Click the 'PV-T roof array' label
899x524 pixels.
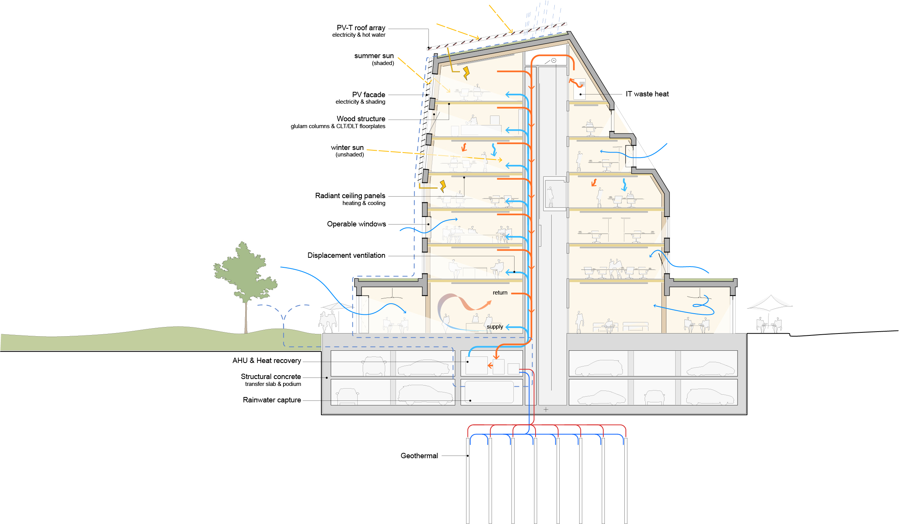361,28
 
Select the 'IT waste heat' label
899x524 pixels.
647,94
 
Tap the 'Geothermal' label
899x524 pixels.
419,456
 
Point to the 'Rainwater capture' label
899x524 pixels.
272,400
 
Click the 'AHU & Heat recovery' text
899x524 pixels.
267,361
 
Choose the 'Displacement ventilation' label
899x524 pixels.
346,255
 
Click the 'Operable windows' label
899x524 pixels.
356,224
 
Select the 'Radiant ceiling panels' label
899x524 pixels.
350,196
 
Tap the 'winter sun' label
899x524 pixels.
347,148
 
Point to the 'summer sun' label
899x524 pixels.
374,56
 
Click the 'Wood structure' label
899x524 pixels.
361,119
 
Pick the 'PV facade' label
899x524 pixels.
368,95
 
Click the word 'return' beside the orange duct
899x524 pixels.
500,293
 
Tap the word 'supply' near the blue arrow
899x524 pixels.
495,327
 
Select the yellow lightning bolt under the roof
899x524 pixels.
466,73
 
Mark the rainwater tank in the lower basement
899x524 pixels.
489,392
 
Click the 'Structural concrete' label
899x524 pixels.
270,377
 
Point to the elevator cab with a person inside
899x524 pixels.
554,194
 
